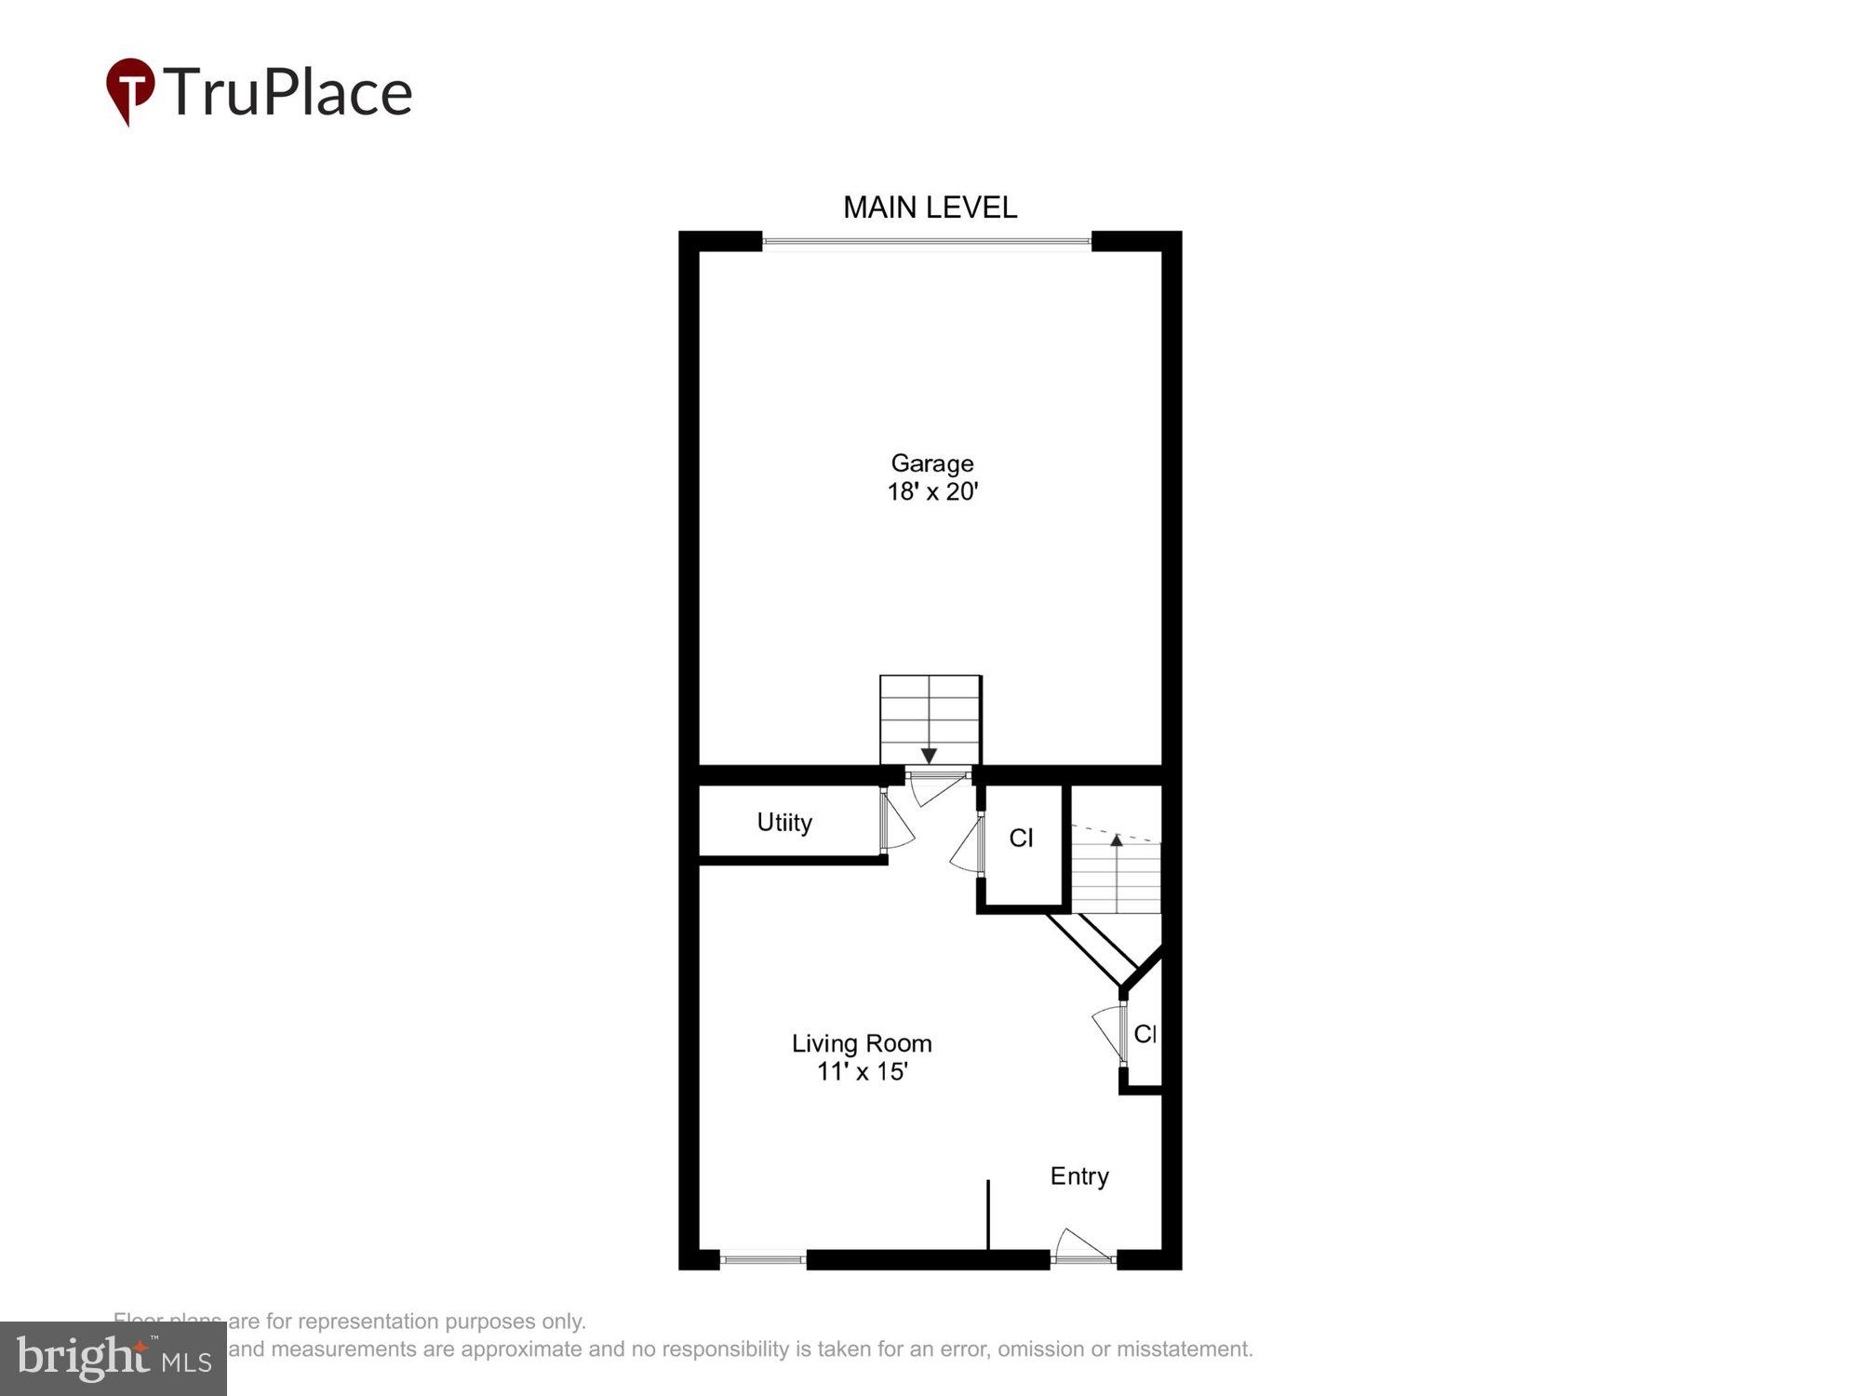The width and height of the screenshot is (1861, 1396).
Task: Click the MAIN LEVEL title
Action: coord(930,207)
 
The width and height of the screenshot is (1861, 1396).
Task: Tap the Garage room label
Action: coord(931,463)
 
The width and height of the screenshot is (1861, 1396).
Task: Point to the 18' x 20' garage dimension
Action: coord(931,491)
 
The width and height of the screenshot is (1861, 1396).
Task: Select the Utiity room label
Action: coord(784,822)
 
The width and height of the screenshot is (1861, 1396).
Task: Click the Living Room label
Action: coord(862,1043)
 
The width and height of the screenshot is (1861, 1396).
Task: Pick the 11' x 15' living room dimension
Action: coord(862,1072)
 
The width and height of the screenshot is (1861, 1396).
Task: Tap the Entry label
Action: coord(1079,1176)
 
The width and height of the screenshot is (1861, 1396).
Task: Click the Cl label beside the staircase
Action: coord(1021,838)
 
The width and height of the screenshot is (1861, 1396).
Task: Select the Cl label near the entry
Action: coord(1145,1033)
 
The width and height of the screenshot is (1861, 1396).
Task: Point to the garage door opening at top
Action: coord(927,242)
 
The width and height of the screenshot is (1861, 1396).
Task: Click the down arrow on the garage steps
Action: coord(929,755)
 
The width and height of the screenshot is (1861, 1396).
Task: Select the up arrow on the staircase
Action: coord(1117,839)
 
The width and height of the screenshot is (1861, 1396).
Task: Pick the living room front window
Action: coord(763,1259)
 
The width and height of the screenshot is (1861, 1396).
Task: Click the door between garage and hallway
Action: coord(938,786)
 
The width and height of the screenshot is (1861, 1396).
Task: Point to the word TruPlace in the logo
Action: coord(288,92)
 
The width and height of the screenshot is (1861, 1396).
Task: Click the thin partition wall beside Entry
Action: coord(987,1215)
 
